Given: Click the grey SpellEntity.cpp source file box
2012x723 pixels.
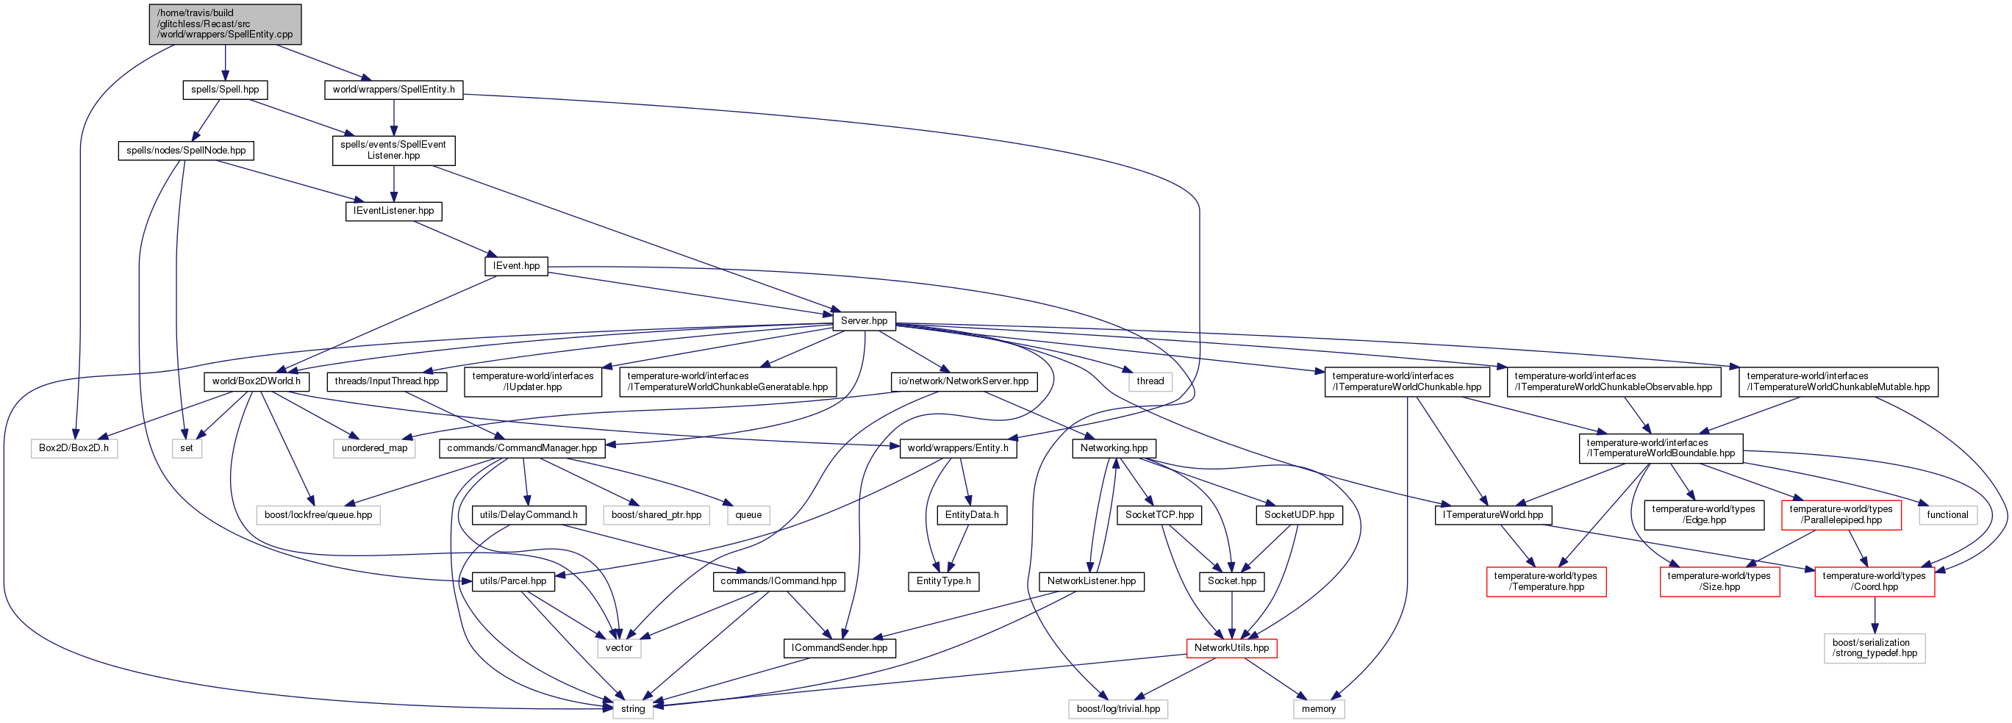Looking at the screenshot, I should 225,24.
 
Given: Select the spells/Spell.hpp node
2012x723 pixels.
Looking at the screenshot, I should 225,90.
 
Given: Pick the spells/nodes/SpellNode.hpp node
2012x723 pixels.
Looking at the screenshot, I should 186,151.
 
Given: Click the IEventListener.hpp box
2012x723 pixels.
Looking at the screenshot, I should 394,211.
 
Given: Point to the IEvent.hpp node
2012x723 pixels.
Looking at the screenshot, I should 516,266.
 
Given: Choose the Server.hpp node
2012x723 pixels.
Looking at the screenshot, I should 864,321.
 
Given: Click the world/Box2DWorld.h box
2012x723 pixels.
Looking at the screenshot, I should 256,382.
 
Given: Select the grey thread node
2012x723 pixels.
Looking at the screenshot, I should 1150,382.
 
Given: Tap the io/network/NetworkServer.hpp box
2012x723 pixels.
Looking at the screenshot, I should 964,382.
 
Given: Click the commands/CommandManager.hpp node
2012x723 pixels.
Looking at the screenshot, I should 522,448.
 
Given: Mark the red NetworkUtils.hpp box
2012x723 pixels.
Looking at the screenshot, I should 1232,648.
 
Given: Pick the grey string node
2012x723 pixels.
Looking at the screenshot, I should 633,709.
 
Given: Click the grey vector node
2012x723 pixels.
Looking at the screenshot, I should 619,648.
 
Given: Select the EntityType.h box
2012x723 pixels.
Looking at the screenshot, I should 944,582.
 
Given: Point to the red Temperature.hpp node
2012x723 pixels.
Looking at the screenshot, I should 1546,582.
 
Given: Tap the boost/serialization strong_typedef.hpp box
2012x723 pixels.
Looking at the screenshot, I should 1875,648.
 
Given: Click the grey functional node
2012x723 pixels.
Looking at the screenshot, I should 1947,515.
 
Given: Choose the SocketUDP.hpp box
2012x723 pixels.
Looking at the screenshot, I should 1299,515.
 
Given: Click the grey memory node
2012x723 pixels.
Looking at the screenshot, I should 1319,709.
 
